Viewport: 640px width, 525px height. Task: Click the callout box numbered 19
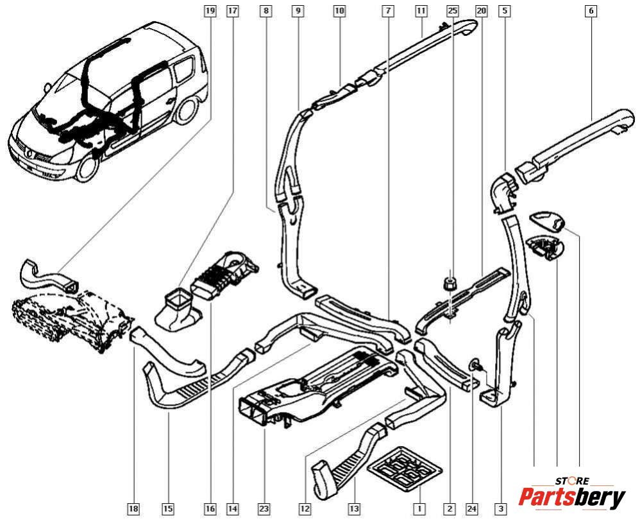pos(210,11)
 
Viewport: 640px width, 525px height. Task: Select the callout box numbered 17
pos(232,11)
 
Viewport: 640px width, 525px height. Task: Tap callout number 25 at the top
pos(453,11)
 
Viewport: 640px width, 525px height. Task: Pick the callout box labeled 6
pos(591,11)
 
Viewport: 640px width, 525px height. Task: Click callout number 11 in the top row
pos(421,11)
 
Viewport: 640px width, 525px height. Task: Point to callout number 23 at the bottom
pos(264,509)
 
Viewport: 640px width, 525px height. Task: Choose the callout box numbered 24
pos(472,509)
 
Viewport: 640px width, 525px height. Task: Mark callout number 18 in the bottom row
pos(133,509)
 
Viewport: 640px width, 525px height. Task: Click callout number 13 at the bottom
pos(354,509)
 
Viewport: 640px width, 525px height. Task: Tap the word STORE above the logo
pos(572,480)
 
